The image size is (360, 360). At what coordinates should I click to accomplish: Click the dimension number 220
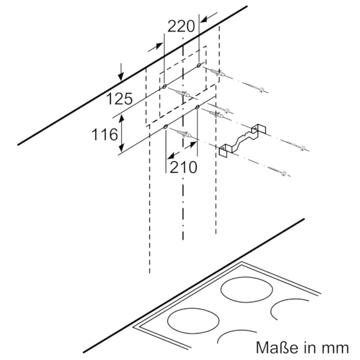[x=181, y=26]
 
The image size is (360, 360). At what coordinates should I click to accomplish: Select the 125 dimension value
[x=119, y=99]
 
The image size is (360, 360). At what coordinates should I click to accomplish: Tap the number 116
[x=104, y=134]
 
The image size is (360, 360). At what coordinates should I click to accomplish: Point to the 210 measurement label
[x=183, y=167]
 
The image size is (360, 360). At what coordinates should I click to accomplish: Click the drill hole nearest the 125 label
[x=164, y=87]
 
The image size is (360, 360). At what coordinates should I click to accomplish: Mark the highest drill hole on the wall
[x=199, y=65]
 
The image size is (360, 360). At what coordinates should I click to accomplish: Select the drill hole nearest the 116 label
[x=166, y=127]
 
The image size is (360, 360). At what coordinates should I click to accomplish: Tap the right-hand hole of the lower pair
[x=197, y=107]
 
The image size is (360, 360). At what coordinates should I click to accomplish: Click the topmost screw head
[x=261, y=90]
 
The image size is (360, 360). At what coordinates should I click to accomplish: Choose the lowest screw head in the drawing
[x=284, y=173]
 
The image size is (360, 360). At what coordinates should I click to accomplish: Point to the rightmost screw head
[x=303, y=148]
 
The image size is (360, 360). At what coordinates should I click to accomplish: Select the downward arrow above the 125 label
[x=121, y=72]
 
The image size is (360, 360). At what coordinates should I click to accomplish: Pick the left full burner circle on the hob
[x=193, y=320]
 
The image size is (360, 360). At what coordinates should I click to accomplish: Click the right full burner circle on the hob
[x=246, y=291]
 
